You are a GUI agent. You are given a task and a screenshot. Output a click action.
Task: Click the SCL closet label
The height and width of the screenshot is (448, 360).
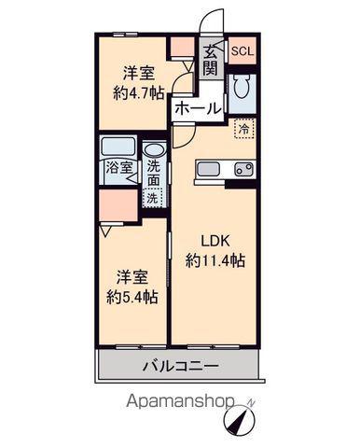[242, 51]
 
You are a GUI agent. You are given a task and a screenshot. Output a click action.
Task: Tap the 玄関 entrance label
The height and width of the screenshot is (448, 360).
[211, 60]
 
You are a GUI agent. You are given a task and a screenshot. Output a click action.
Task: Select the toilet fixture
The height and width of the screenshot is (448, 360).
[242, 87]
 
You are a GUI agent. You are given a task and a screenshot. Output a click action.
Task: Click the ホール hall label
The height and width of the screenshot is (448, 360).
[198, 109]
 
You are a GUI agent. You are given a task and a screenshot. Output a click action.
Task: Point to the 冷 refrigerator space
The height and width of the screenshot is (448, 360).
[244, 129]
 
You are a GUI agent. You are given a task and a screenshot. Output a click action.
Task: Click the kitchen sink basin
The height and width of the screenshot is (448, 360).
[209, 170]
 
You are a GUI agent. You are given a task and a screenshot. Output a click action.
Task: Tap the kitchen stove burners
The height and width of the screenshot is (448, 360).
[244, 170]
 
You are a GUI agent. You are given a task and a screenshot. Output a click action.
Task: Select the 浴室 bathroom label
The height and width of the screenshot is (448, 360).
[119, 168]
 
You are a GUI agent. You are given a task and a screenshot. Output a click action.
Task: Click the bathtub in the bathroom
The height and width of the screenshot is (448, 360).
[118, 147]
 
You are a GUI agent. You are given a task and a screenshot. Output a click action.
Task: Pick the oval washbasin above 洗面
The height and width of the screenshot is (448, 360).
[155, 150]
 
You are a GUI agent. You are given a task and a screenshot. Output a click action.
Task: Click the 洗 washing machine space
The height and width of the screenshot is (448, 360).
[153, 198]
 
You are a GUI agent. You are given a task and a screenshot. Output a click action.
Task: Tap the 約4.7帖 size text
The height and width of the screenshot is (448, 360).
[139, 92]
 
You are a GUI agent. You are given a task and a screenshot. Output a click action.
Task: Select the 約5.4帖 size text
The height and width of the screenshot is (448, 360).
[132, 298]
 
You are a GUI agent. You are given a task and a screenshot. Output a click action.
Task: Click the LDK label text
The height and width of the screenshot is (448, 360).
[215, 241]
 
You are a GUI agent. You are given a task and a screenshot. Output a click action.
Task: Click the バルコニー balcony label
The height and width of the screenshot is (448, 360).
[181, 366]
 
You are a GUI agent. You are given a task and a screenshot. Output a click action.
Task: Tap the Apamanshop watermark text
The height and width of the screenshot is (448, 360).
[180, 402]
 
